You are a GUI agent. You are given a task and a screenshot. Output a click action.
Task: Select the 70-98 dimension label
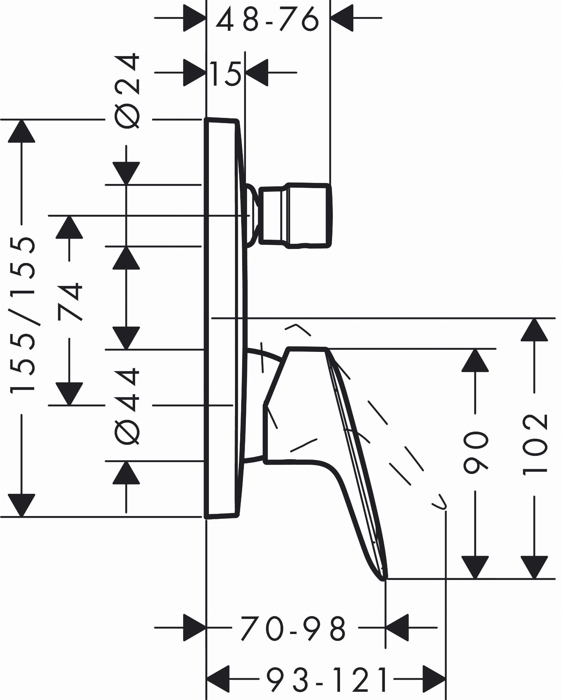(x=293, y=628)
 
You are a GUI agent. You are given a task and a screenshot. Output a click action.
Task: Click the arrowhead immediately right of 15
(x=257, y=72)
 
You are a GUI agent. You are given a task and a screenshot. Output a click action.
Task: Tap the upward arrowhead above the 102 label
(x=534, y=330)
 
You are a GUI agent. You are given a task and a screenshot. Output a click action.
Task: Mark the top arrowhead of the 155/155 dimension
(x=22, y=131)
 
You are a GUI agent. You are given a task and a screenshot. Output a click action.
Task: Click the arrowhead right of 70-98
(x=397, y=628)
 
